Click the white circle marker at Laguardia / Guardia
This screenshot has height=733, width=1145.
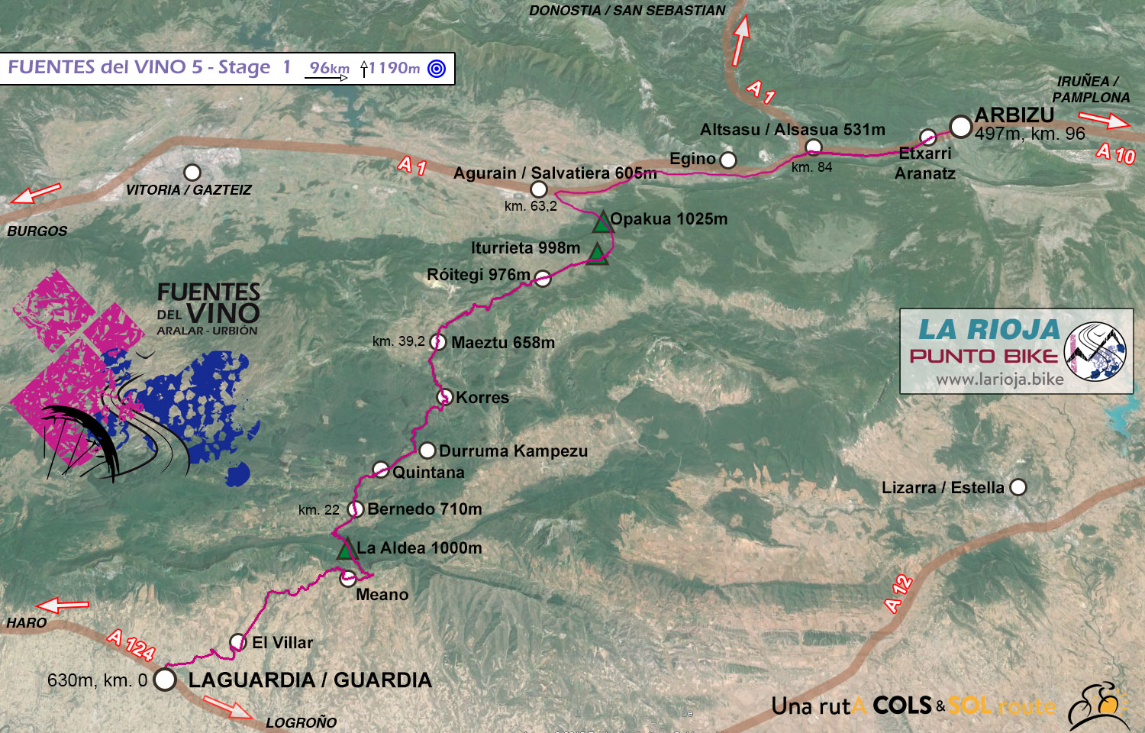pos(165,679)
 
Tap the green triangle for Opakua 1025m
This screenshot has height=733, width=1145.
pos(602,222)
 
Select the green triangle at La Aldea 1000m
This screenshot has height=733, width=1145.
pos(346,549)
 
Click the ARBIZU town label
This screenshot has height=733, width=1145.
pos(1014,115)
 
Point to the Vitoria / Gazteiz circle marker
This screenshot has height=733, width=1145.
pos(192,173)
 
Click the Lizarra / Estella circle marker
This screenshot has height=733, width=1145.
pos(1018,487)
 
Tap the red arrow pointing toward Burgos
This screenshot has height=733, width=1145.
pos(36,193)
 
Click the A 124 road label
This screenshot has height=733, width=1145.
pos(131,644)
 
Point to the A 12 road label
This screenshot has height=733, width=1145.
pos(898,593)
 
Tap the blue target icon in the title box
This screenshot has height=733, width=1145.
pos(437,69)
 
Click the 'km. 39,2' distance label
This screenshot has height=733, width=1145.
pos(398,341)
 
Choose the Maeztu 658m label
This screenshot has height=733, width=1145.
pos(503,343)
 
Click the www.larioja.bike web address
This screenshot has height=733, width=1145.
pos(999,379)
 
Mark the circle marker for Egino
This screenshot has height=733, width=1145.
pos(728,160)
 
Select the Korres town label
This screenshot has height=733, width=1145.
pos(482,397)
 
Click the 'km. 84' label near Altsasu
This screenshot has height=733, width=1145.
pos(811,167)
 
